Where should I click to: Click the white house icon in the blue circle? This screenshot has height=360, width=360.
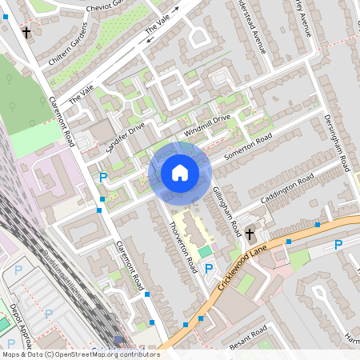tap(180, 173)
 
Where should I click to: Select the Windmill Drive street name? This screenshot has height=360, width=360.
tap(206, 124)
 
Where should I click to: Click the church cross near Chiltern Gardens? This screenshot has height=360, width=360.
tap(26, 33)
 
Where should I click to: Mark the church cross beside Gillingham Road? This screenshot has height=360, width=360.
tap(250, 234)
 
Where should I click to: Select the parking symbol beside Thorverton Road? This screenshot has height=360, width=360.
tap(209, 268)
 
